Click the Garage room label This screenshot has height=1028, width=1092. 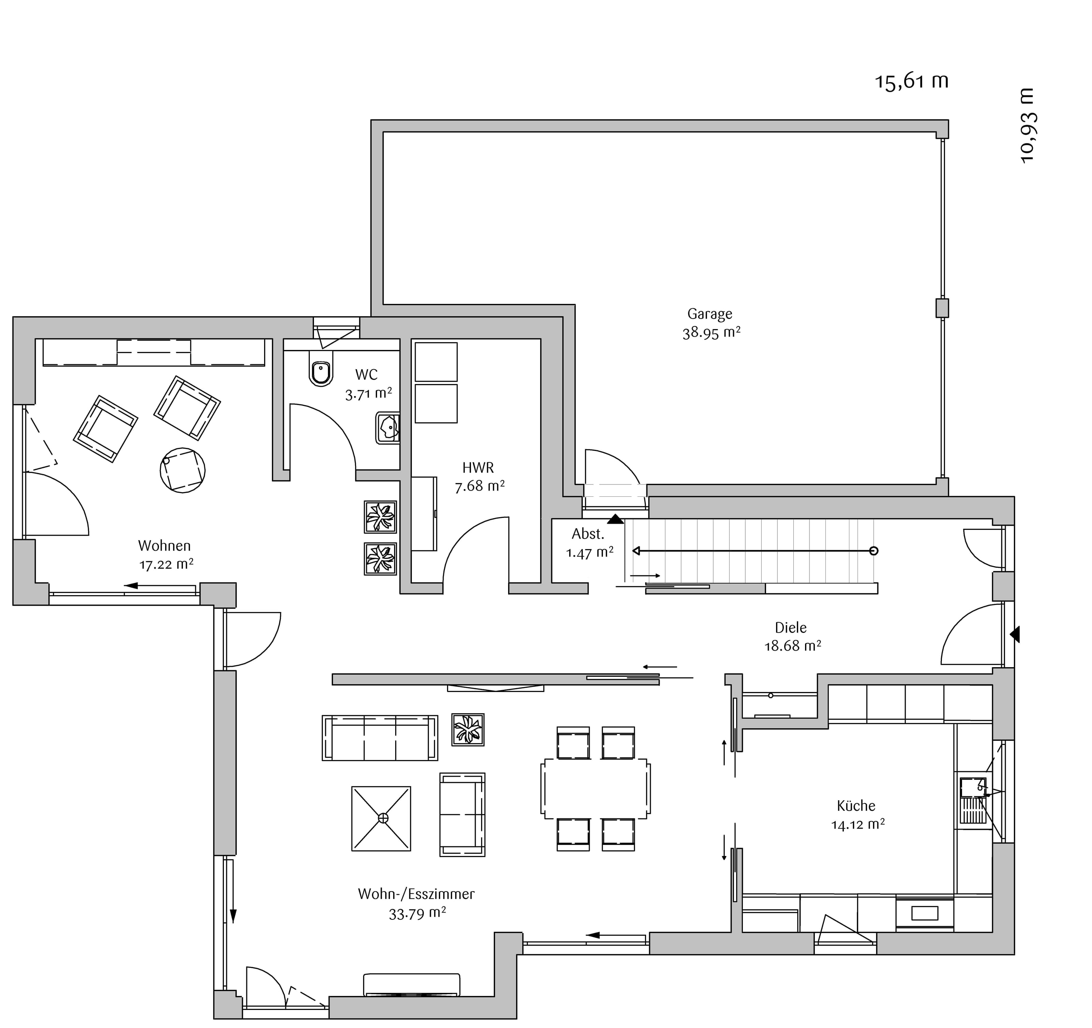click(x=710, y=314)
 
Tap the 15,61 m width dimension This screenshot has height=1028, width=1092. click(x=912, y=81)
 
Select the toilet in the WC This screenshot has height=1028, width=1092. click(x=321, y=372)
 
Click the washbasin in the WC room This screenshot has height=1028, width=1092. click(x=388, y=428)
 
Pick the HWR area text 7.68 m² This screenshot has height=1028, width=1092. click(x=479, y=486)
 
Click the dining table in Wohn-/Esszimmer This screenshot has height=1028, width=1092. click(x=595, y=788)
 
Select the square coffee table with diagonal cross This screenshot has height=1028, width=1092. click(x=381, y=819)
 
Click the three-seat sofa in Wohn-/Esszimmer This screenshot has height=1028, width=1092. click(x=380, y=738)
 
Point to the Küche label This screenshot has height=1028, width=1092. click(x=856, y=805)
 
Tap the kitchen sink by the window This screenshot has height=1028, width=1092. click(x=973, y=800)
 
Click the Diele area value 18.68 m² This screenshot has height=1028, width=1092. click(x=793, y=646)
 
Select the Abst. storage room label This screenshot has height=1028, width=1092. click(x=588, y=534)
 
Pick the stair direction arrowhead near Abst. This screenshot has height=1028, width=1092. click(x=637, y=551)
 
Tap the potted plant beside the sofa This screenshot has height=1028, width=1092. click(x=468, y=729)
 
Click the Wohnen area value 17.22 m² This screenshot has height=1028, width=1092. click(x=166, y=564)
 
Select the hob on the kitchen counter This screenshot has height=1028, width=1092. click(x=924, y=913)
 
